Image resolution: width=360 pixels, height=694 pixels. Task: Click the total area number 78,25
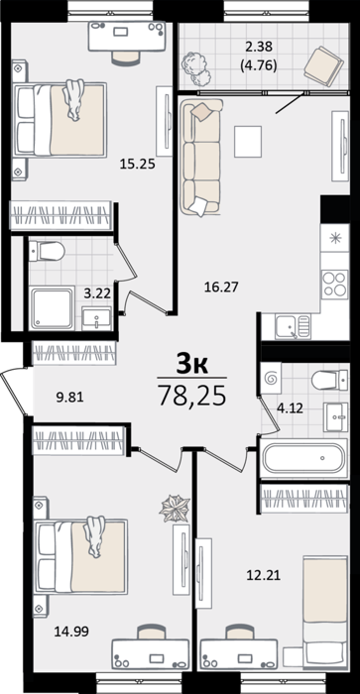click(192, 395)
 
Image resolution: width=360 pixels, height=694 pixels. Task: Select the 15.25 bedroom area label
click(138, 165)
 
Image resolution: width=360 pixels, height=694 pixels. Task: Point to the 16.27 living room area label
click(221, 288)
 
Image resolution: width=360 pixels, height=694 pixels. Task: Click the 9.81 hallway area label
click(69, 398)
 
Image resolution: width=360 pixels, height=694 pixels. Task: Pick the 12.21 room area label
click(264, 576)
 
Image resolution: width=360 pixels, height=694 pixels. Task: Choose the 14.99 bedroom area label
click(71, 632)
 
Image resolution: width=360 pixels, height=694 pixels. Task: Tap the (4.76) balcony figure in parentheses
click(259, 66)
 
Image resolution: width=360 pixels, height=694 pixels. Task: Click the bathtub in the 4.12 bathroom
click(303, 458)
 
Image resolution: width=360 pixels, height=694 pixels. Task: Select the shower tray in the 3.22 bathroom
click(52, 308)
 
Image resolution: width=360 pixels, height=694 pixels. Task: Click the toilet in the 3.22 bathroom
click(47, 251)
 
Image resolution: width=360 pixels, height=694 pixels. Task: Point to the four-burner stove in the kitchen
click(335, 285)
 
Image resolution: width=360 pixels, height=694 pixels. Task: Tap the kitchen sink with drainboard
click(293, 326)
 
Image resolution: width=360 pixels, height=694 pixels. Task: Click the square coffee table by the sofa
click(248, 141)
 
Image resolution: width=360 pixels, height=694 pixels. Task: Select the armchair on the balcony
click(323, 65)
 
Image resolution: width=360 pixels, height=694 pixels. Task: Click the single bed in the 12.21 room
click(324, 612)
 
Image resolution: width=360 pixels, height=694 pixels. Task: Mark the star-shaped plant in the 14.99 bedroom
click(175, 508)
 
